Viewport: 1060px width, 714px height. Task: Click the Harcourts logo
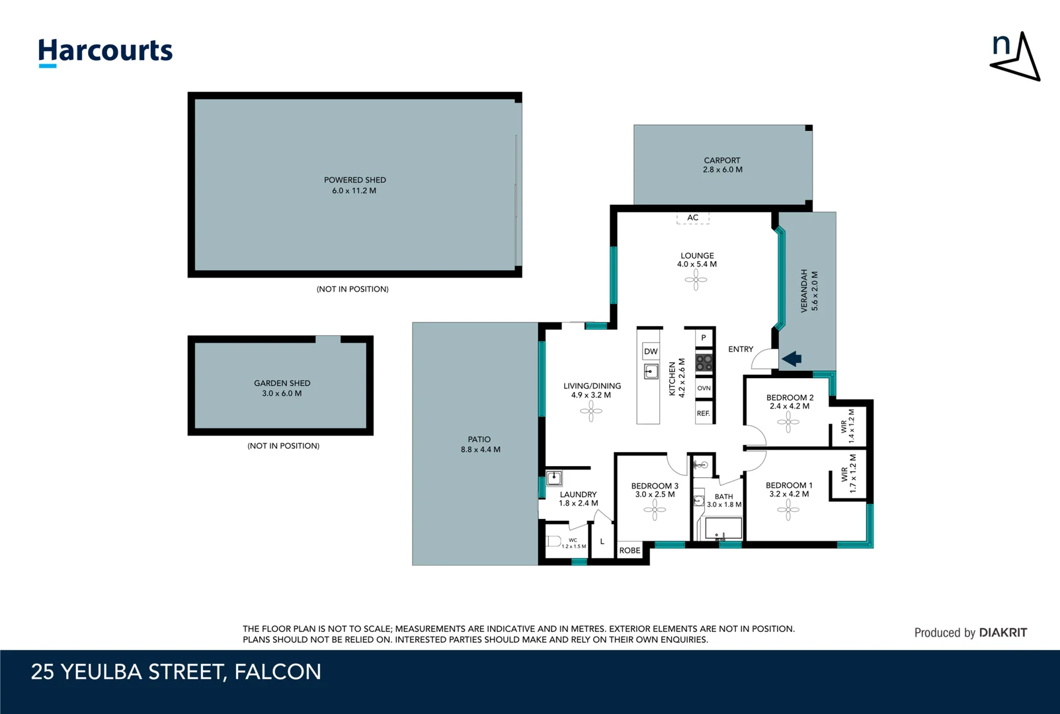tap(105, 52)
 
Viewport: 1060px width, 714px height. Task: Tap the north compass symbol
tap(1016, 57)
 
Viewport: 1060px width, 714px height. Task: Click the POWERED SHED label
tap(355, 180)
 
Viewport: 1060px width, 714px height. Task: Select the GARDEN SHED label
tap(282, 383)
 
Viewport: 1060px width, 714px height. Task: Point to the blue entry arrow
tap(792, 359)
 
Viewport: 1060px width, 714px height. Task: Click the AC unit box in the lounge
tap(692, 218)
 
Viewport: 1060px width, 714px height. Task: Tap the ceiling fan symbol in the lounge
tap(696, 280)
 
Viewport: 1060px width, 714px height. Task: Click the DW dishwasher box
tap(651, 351)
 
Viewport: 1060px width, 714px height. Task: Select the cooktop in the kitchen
tap(704, 362)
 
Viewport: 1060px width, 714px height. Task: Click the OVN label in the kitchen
tap(704, 388)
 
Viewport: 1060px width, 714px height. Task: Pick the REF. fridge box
tap(704, 414)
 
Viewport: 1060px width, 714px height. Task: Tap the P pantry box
tap(704, 338)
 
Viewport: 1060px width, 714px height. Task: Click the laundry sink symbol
tap(554, 478)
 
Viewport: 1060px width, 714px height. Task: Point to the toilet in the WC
tap(554, 541)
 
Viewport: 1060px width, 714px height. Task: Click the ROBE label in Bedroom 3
tap(630, 550)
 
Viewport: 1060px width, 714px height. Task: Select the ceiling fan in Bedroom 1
tap(788, 510)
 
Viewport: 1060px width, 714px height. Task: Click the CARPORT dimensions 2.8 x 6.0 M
tap(722, 170)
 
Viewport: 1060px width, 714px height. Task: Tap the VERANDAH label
tap(804, 290)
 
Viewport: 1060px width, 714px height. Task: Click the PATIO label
tap(479, 439)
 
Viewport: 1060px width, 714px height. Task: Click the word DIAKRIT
tap(1003, 633)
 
